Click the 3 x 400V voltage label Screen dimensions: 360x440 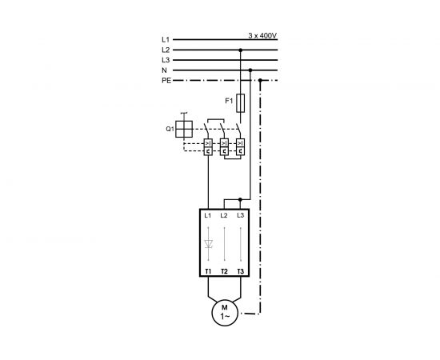(262, 35)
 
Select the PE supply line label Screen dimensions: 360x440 (166, 80)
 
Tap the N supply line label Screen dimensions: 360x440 (166, 70)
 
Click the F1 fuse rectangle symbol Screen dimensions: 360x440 (241, 102)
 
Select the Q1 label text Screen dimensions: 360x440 (170, 128)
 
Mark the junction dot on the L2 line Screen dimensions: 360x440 (241, 50)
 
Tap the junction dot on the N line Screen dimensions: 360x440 (251, 70)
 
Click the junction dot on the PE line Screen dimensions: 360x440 (261, 80)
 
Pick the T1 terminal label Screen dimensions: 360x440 (208, 271)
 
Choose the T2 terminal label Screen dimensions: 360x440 (224, 271)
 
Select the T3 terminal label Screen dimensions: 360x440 (241, 271)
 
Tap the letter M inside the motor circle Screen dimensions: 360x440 (224, 307)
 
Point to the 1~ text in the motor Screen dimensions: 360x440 (224, 317)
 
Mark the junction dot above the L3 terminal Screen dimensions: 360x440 (241, 198)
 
